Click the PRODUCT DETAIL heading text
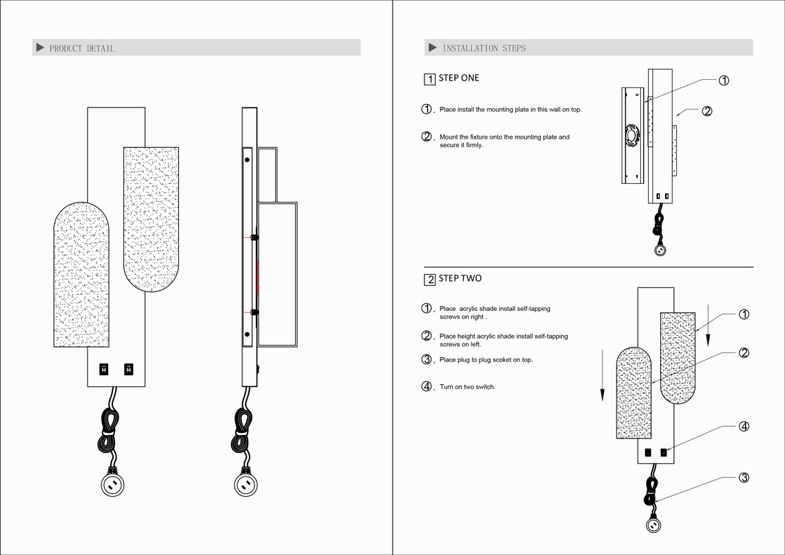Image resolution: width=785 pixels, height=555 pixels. [82, 49]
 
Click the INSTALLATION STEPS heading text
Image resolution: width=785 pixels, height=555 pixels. [484, 49]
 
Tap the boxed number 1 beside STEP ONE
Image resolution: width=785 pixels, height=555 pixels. [430, 79]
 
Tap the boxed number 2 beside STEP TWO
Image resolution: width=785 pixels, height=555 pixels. [430, 280]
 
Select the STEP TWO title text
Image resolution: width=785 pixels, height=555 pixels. [460, 278]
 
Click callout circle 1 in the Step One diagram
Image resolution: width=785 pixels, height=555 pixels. [723, 80]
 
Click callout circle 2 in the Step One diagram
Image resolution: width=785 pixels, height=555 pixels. [707, 111]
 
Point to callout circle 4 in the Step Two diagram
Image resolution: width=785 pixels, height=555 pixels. [743, 427]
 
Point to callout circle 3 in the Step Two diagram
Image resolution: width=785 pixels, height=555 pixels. [743, 477]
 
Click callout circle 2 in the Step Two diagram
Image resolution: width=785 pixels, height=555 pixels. [743, 352]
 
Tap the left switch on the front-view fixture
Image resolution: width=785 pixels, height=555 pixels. [104, 370]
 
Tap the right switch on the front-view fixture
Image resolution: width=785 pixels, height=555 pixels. [128, 370]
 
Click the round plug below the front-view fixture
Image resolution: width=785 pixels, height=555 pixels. [112, 485]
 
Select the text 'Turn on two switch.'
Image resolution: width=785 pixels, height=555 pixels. [467, 386]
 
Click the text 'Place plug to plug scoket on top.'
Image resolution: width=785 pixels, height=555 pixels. [486, 360]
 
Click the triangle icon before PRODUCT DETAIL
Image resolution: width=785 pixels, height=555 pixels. [40, 48]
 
